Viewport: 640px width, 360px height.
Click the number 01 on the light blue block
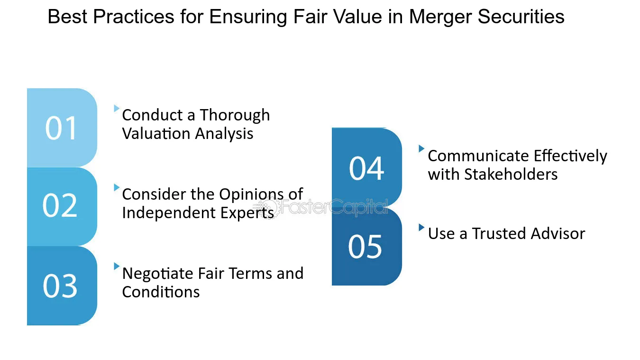(61, 128)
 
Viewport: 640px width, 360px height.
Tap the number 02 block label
(60, 205)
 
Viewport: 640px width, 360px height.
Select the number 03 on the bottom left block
(60, 286)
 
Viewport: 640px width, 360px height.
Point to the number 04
(366, 168)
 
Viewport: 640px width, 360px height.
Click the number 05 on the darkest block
(365, 247)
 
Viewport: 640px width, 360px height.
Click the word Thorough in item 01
(235, 116)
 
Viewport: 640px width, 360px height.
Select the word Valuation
(156, 133)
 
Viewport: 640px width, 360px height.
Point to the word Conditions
(161, 292)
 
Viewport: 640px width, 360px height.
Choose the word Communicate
(478, 156)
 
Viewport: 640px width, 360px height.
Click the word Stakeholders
(511, 174)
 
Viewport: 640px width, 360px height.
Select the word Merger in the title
(440, 18)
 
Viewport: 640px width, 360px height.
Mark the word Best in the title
(67, 16)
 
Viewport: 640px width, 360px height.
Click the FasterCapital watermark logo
(321, 207)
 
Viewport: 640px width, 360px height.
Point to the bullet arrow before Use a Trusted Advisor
(421, 227)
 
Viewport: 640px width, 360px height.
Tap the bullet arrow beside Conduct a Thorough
(116, 108)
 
